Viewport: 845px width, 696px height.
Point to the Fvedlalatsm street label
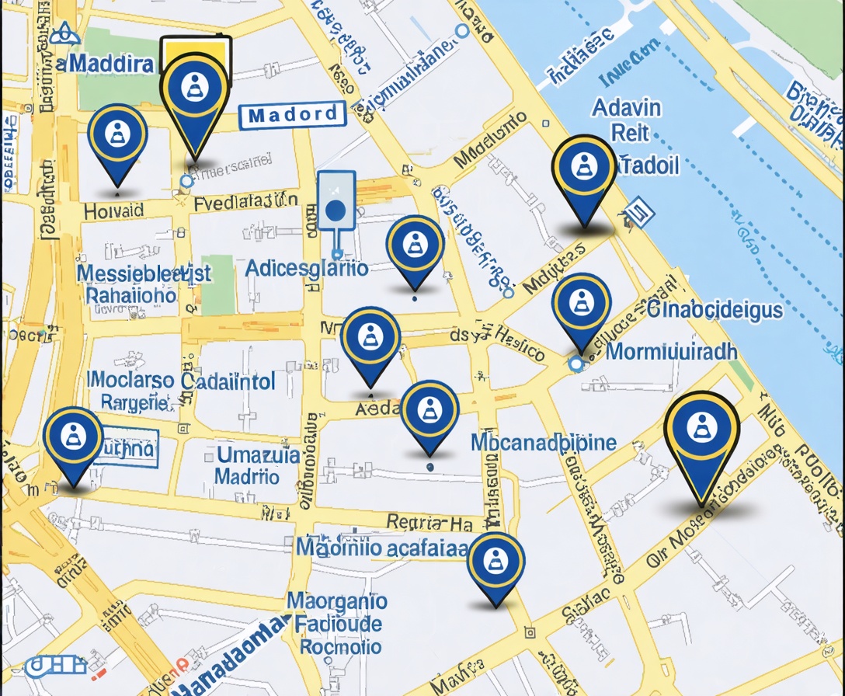point(245,203)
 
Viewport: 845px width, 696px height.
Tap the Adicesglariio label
point(307,269)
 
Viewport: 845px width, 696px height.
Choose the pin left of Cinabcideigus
point(581,305)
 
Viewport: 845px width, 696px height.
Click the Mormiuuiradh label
point(671,351)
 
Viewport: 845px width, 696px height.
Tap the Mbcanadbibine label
point(544,443)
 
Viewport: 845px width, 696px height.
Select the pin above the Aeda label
point(370,339)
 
